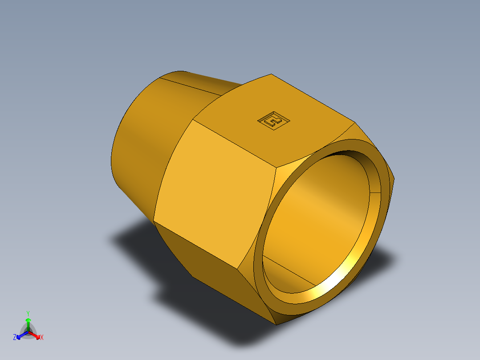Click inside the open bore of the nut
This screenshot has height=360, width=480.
(316, 214)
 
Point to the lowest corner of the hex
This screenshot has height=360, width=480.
(276, 324)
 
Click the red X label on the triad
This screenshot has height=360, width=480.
(42, 338)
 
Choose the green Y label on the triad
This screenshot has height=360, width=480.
(28, 313)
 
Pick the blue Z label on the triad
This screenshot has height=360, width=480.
(15, 338)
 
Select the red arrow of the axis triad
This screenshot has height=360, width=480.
(37, 335)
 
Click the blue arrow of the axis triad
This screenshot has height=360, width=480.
(20, 335)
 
